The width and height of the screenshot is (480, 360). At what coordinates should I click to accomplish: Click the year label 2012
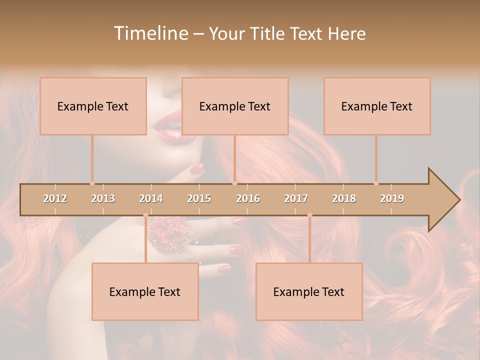coord(55,198)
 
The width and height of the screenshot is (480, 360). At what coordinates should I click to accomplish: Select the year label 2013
coord(103,198)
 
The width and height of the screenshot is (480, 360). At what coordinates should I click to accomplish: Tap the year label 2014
coord(151,198)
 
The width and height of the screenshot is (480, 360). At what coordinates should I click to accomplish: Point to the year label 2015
coord(199,198)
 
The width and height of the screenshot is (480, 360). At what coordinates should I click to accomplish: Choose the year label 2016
coord(248,198)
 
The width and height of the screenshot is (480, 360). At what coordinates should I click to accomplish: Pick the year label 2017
coord(296,198)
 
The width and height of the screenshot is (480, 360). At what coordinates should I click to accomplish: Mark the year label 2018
coord(344,198)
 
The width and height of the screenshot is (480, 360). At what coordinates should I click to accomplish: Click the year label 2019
coord(392,198)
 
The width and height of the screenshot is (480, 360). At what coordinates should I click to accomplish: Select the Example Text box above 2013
coord(93,106)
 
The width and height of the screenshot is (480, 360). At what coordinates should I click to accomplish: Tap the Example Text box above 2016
coord(235,106)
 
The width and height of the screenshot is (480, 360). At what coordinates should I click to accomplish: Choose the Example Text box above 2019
coord(377,106)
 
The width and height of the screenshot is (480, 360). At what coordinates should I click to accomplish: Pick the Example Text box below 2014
coord(145,291)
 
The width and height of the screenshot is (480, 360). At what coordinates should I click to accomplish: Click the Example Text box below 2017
coord(309,291)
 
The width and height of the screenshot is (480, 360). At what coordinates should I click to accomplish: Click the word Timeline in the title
coord(150,33)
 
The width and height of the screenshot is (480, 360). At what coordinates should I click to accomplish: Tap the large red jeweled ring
coord(170,232)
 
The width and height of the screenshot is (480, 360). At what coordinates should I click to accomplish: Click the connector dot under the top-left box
coord(92,183)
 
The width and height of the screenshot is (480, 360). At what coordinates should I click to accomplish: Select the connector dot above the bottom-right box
coord(309,215)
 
